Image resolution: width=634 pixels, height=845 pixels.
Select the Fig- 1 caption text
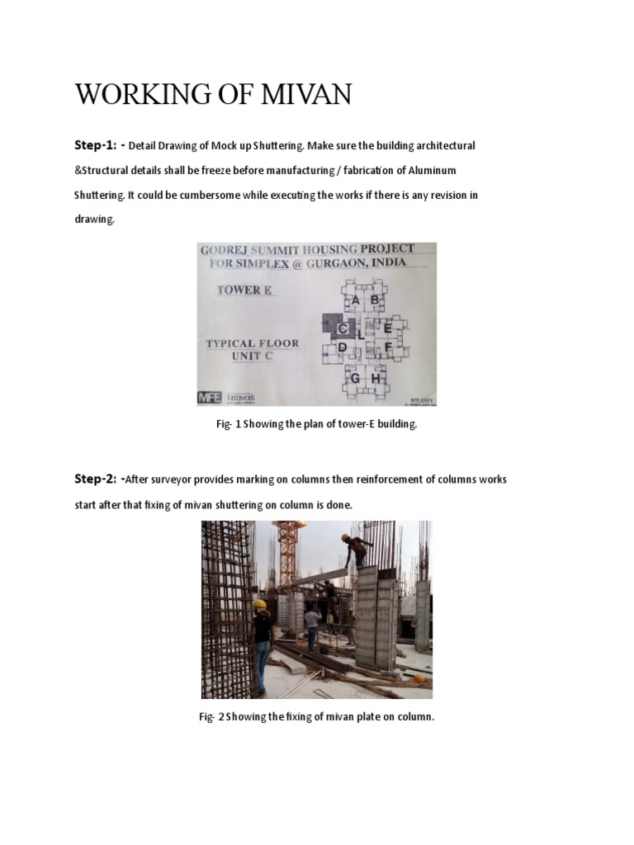316,424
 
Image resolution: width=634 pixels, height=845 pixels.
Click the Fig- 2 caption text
316,717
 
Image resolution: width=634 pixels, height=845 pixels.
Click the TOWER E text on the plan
245,290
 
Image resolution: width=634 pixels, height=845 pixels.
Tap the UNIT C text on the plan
252,356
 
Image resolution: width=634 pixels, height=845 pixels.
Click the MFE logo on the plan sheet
210,397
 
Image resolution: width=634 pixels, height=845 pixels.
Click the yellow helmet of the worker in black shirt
258,604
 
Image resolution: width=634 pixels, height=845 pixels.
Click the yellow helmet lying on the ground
419,678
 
